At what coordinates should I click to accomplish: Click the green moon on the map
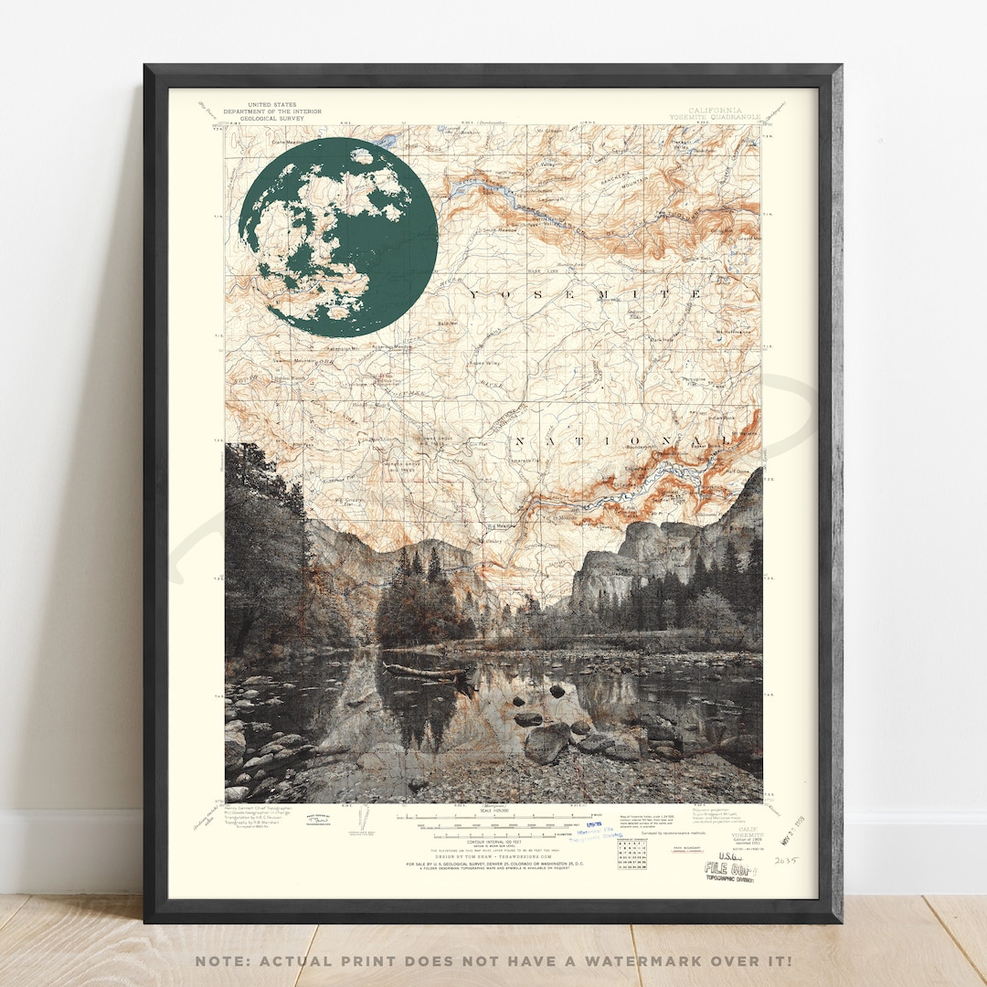point(337,237)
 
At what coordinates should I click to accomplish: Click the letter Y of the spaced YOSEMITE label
point(474,294)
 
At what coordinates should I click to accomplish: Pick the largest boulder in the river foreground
point(547,744)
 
